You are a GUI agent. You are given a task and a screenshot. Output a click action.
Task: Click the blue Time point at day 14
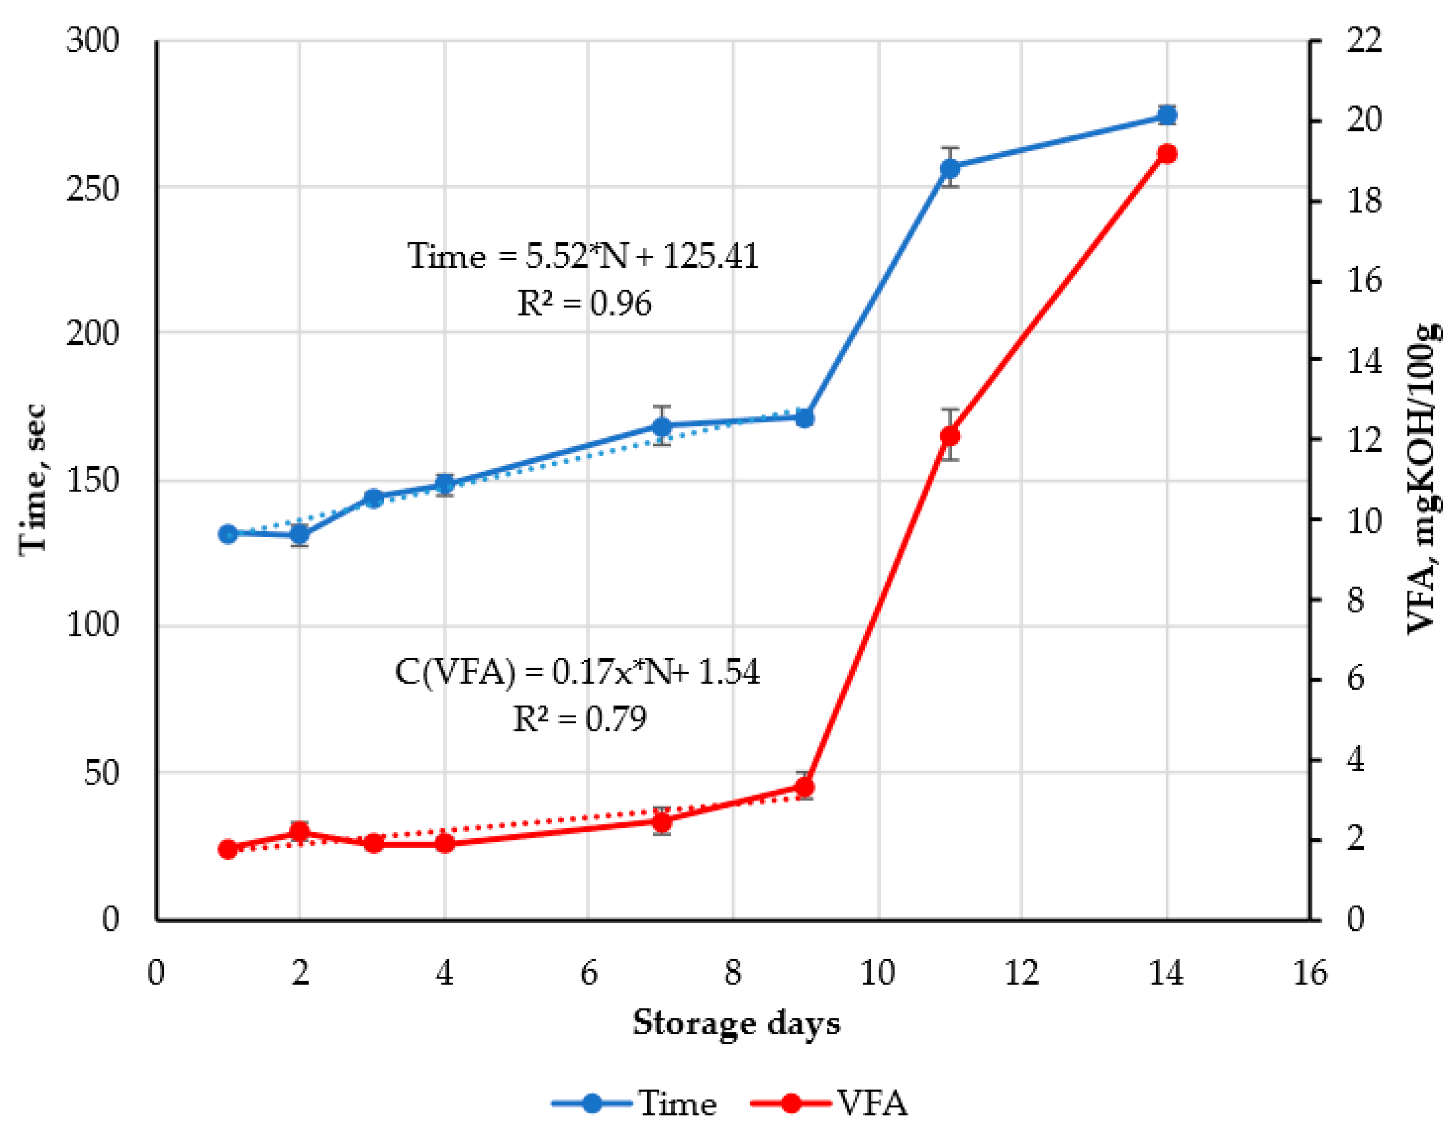1167,116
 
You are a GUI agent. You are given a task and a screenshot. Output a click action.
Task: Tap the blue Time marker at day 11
950,168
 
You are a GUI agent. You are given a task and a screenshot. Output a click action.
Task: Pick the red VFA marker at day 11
950,436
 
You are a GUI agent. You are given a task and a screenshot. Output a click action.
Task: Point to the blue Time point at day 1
228,534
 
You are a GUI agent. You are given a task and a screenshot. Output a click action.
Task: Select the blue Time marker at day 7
661,426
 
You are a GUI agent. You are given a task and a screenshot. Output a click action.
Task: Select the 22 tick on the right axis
1364,41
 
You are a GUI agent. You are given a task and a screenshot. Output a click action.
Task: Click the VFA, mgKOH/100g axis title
1423,479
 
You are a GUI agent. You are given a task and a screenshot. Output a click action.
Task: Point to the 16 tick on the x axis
1309,974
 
